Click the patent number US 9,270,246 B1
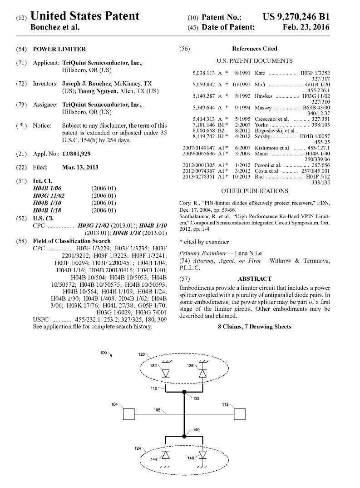pos(296,17)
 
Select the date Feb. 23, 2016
pos(304,28)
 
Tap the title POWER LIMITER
pos(59,49)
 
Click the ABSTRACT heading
pos(254,279)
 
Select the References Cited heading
pos(254,49)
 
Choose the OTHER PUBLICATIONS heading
pos(254,191)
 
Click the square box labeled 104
pos(129,414)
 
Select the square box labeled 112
pos(239,414)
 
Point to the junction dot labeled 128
pos(184,392)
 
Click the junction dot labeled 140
pos(184,437)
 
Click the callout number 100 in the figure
pos(104,353)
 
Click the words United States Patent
pos(84,16)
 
